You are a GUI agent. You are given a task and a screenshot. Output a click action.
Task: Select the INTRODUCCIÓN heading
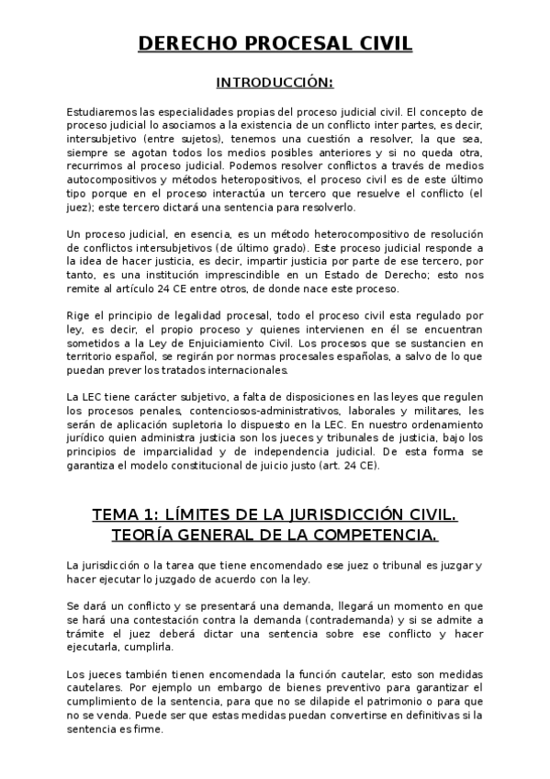click(275, 83)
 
